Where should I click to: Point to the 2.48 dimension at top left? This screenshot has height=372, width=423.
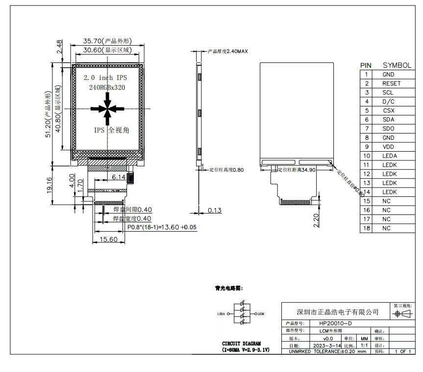pyautogui.click(x=59, y=48)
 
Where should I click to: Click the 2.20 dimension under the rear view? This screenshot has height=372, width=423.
pyautogui.click(x=317, y=220)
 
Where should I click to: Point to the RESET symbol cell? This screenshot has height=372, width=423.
pyautogui.click(x=391, y=83)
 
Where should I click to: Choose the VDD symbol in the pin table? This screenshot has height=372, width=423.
pyautogui.click(x=388, y=147)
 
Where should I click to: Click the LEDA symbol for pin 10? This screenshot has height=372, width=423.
pyautogui.click(x=389, y=156)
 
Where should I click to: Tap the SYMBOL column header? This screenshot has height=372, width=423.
pyautogui.click(x=397, y=65)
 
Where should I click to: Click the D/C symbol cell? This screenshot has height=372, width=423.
pyautogui.click(x=388, y=102)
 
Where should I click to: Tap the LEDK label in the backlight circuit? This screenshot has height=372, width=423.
pyautogui.click(x=261, y=313)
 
